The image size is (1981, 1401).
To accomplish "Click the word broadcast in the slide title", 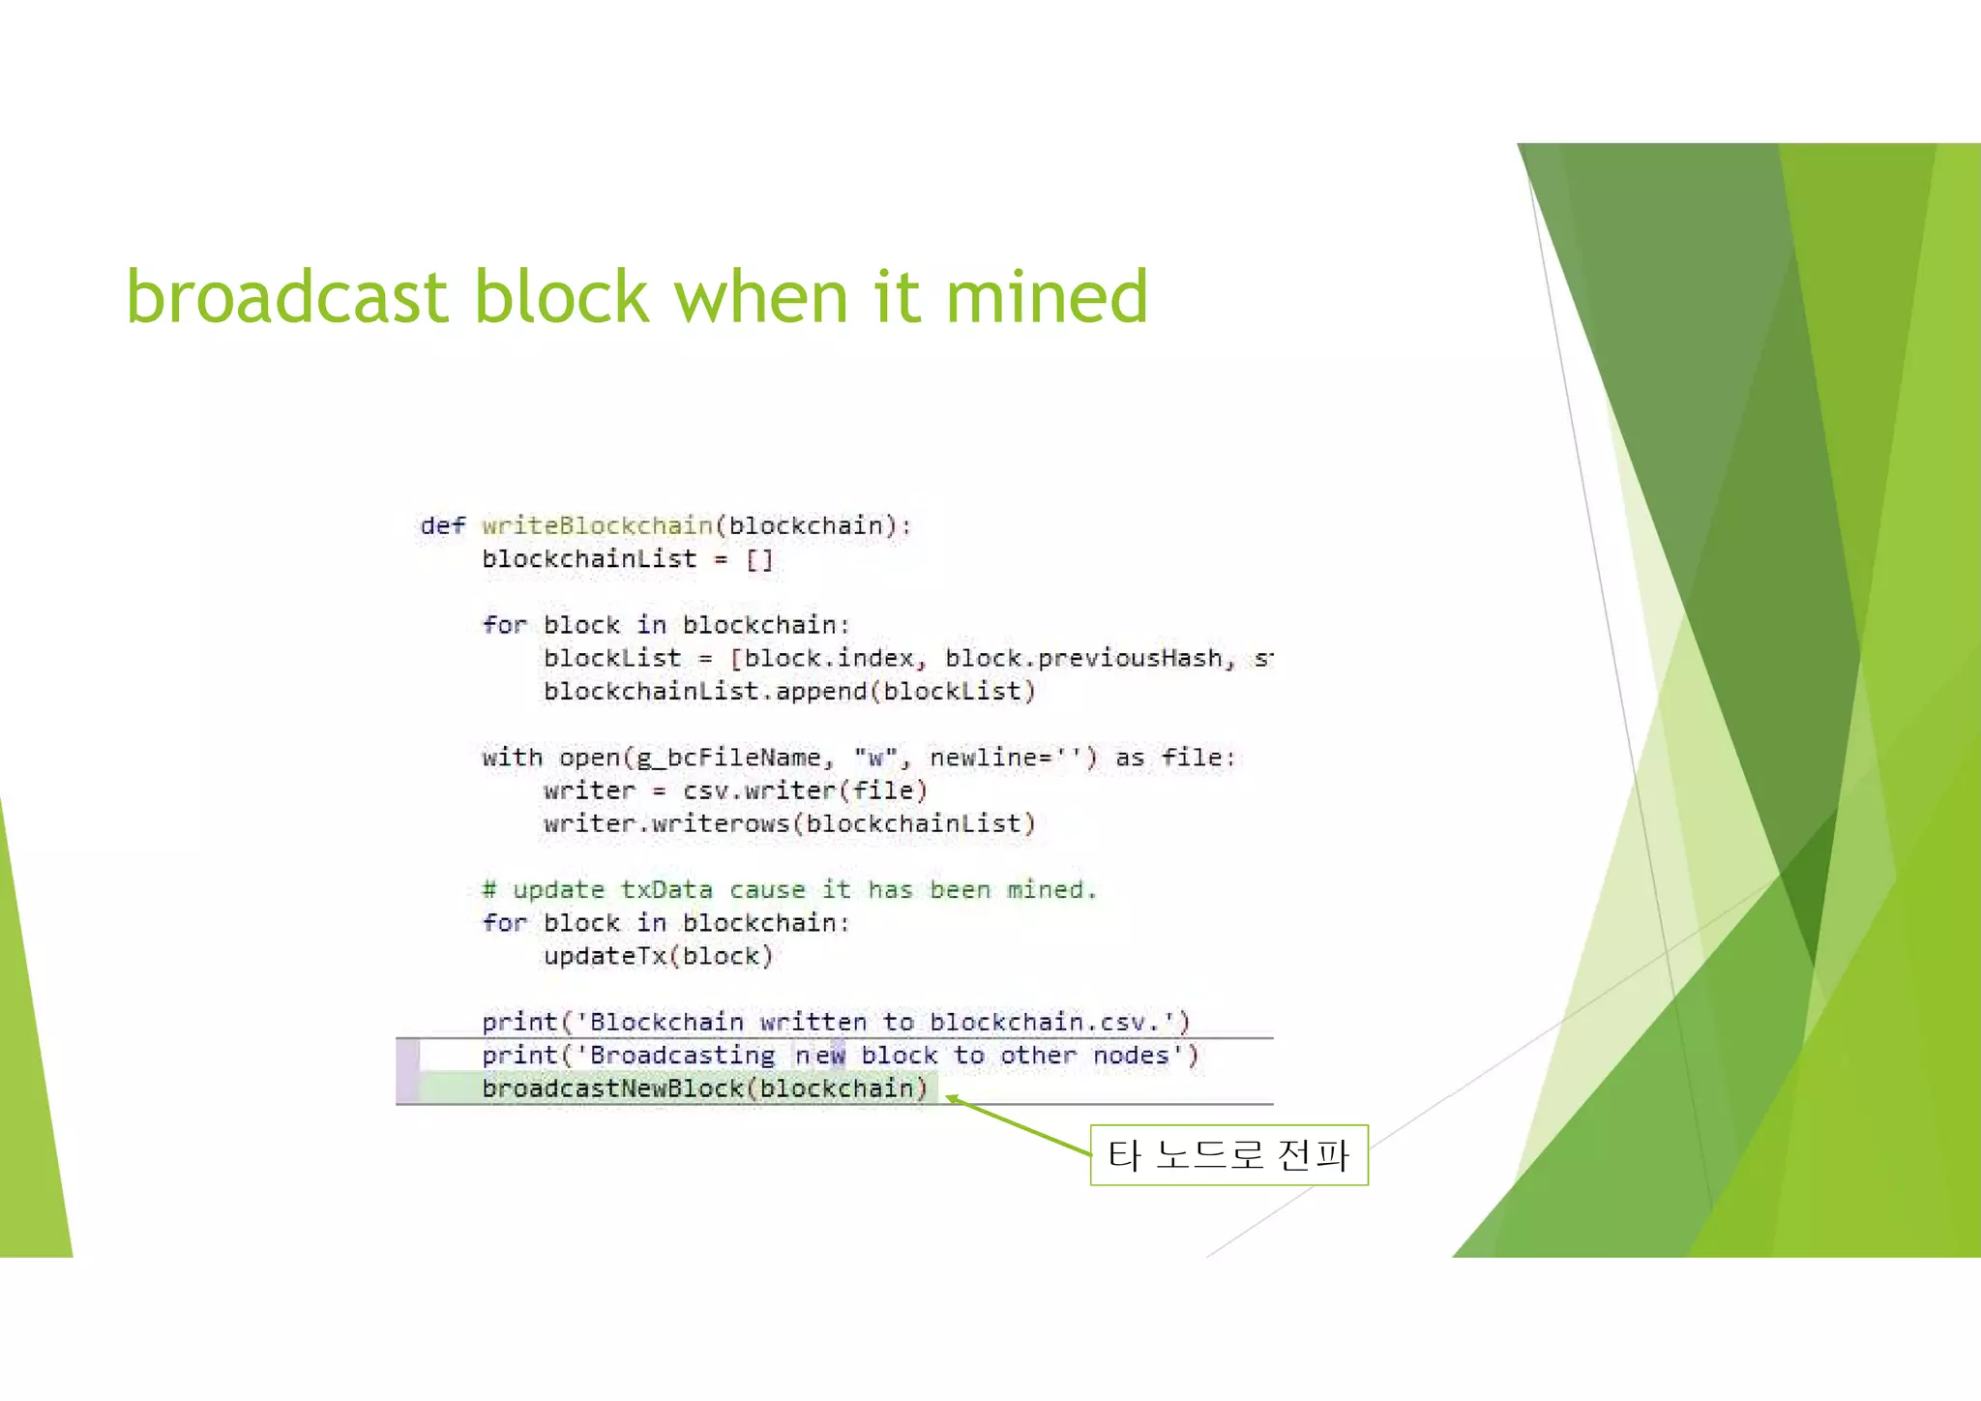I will point(286,296).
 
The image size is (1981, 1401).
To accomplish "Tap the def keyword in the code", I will point(442,525).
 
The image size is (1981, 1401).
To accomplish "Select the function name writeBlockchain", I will point(597,525).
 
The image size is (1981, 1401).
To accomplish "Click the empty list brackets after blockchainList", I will point(759,559).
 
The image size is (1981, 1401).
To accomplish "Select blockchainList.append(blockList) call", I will point(788,691).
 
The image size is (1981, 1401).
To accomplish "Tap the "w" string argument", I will point(874,758).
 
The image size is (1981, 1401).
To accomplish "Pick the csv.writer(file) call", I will point(805,790).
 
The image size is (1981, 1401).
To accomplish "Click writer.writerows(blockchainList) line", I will point(788,823).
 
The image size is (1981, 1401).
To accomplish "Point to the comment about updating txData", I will point(789,889).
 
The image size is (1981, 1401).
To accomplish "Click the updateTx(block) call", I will point(658,956).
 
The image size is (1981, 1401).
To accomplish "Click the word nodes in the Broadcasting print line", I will point(1130,1055).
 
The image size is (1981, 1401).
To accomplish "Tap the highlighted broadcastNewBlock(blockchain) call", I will point(704,1088).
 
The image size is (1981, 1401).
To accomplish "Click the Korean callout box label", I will point(1228,1154).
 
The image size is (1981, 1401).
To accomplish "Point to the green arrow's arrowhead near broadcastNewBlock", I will point(952,1098).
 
